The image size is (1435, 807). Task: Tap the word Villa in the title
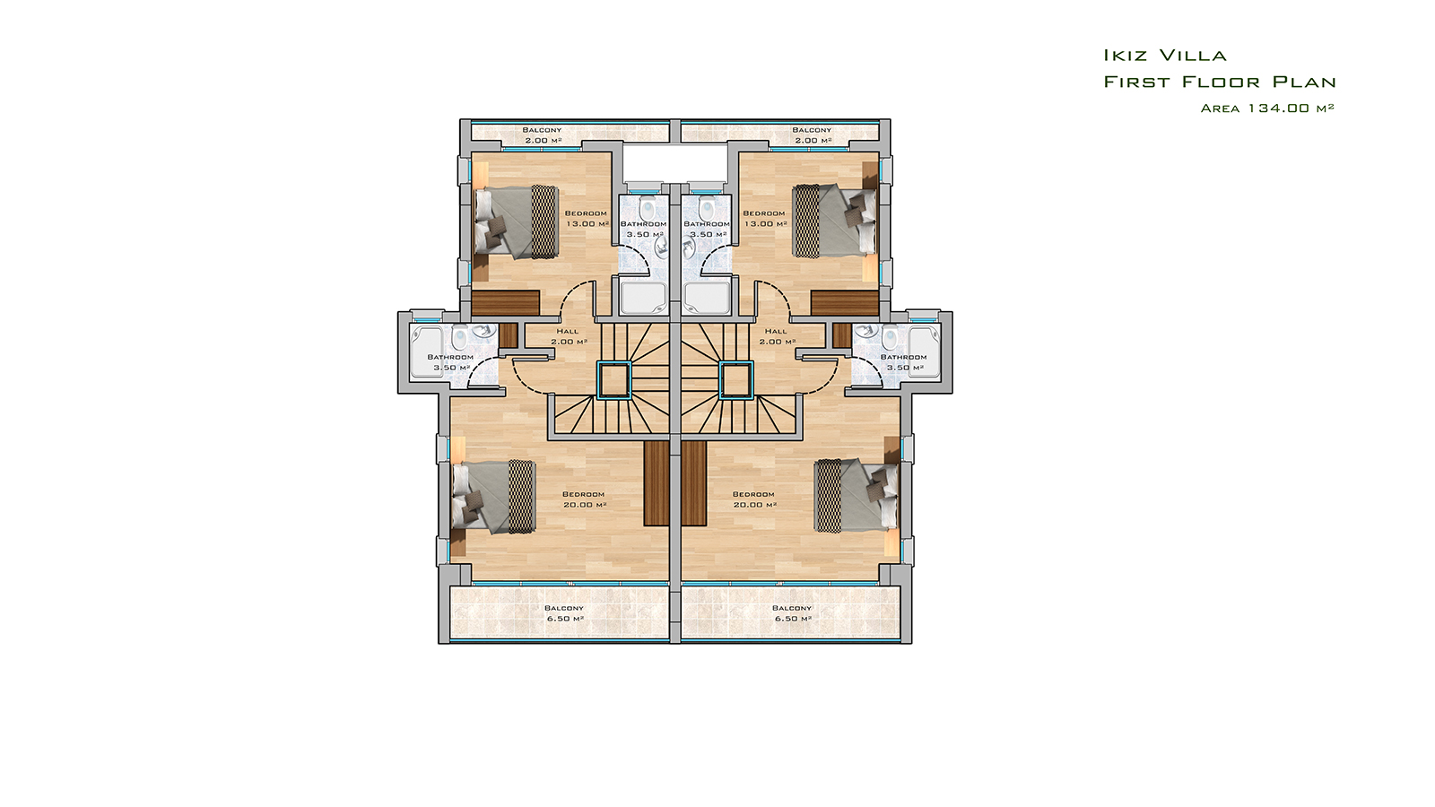click(x=1193, y=56)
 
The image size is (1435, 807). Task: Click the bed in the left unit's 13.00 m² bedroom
click(x=516, y=221)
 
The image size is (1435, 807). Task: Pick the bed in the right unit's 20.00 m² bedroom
click(x=857, y=495)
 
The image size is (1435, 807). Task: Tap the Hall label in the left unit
click(x=568, y=331)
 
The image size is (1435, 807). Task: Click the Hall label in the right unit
click(x=776, y=331)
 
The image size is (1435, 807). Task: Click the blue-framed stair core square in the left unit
click(x=613, y=380)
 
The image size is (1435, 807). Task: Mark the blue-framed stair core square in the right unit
click(x=736, y=380)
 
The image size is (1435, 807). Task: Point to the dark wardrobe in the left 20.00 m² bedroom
click(x=656, y=483)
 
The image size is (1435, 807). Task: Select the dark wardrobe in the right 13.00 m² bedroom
click(x=844, y=302)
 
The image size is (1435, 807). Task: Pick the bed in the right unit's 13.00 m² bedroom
click(x=834, y=221)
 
